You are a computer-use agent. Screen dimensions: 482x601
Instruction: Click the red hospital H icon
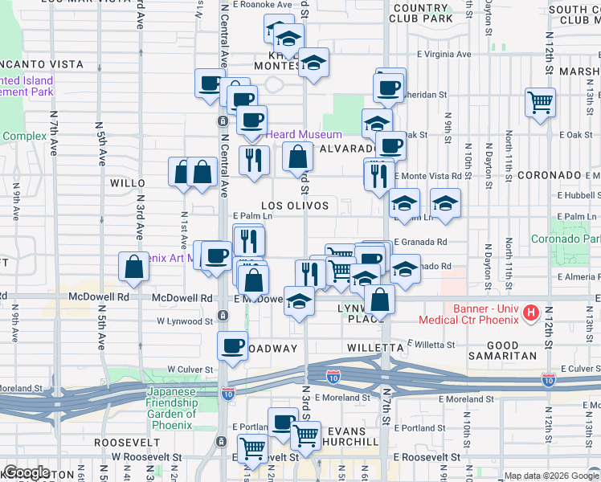(x=530, y=312)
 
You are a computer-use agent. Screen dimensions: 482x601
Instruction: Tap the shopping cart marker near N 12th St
(x=540, y=102)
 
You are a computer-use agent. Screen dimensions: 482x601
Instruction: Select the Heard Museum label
(x=304, y=134)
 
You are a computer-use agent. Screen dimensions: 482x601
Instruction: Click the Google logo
(x=27, y=472)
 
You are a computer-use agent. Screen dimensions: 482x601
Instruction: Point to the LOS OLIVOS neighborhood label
(x=295, y=206)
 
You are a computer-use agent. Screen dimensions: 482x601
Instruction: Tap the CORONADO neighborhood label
(x=550, y=175)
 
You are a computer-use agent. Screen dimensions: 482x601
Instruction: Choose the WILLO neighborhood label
(x=127, y=183)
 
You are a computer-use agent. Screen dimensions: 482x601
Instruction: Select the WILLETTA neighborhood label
(x=374, y=348)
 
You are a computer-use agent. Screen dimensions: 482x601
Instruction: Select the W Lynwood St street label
(x=184, y=321)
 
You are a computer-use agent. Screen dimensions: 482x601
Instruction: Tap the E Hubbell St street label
(x=576, y=194)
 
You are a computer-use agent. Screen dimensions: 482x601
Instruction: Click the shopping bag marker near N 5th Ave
(x=133, y=268)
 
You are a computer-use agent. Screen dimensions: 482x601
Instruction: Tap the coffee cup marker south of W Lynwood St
(x=232, y=345)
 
